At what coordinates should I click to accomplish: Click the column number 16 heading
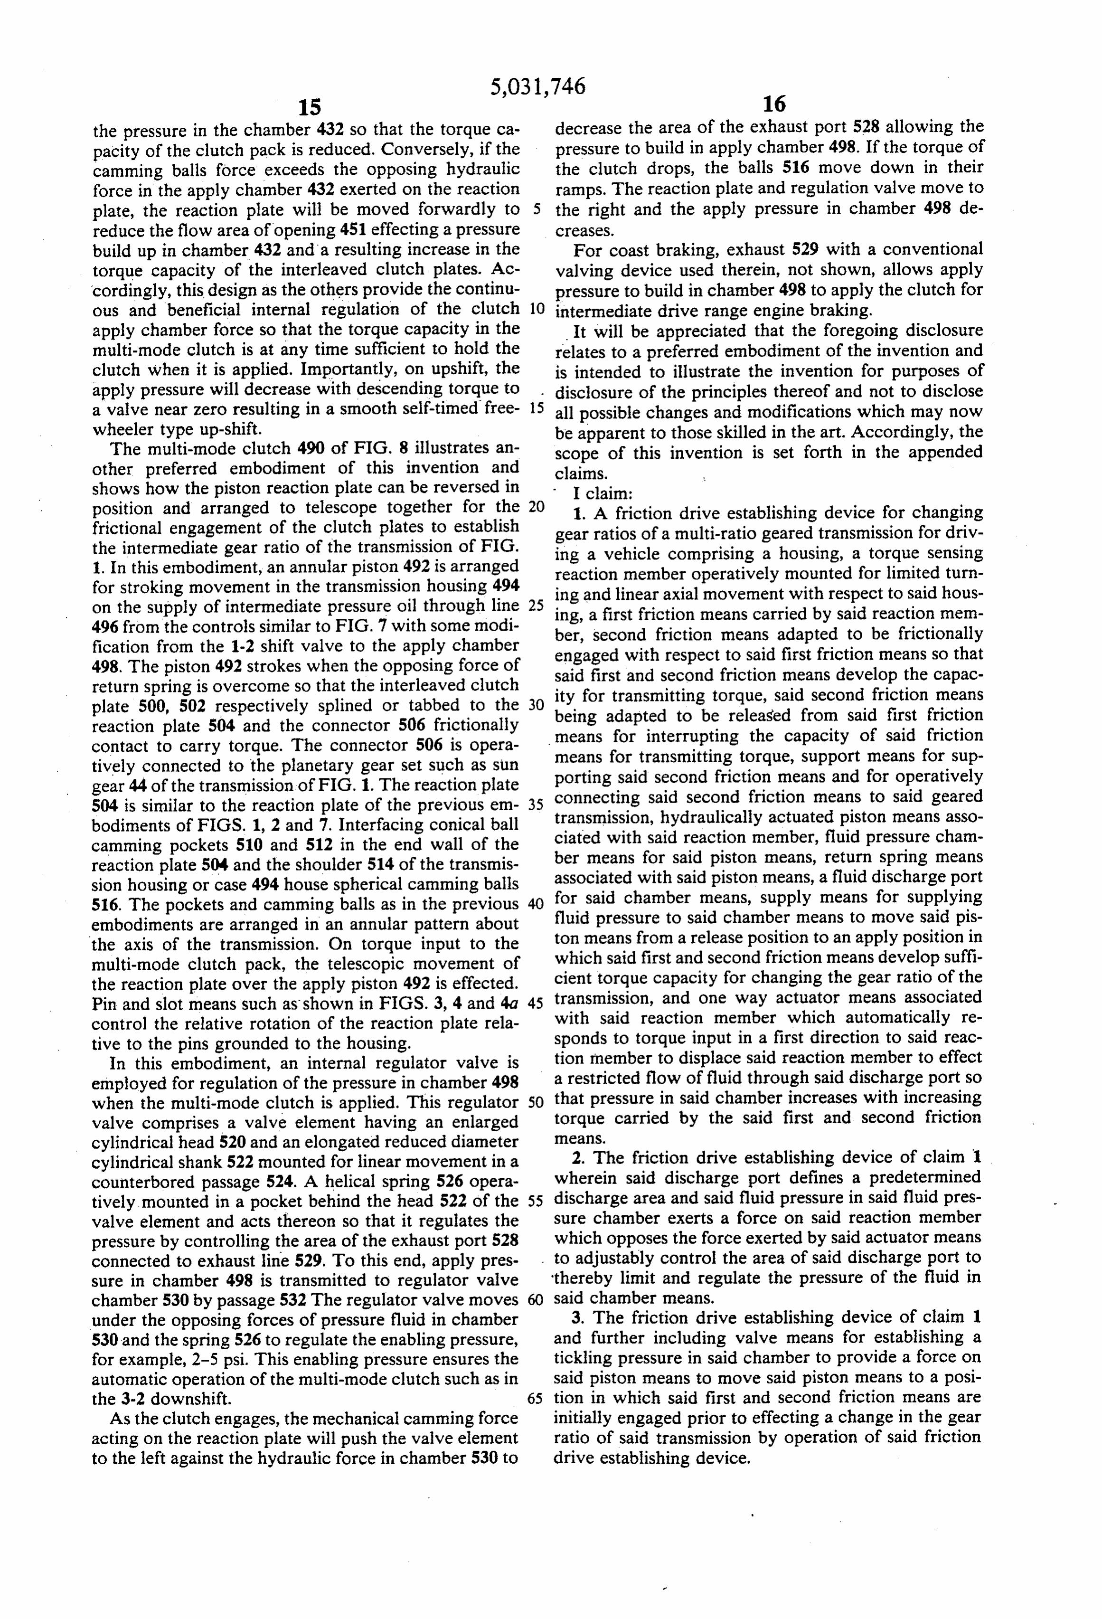click(x=774, y=104)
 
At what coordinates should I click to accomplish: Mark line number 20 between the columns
click(x=535, y=506)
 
